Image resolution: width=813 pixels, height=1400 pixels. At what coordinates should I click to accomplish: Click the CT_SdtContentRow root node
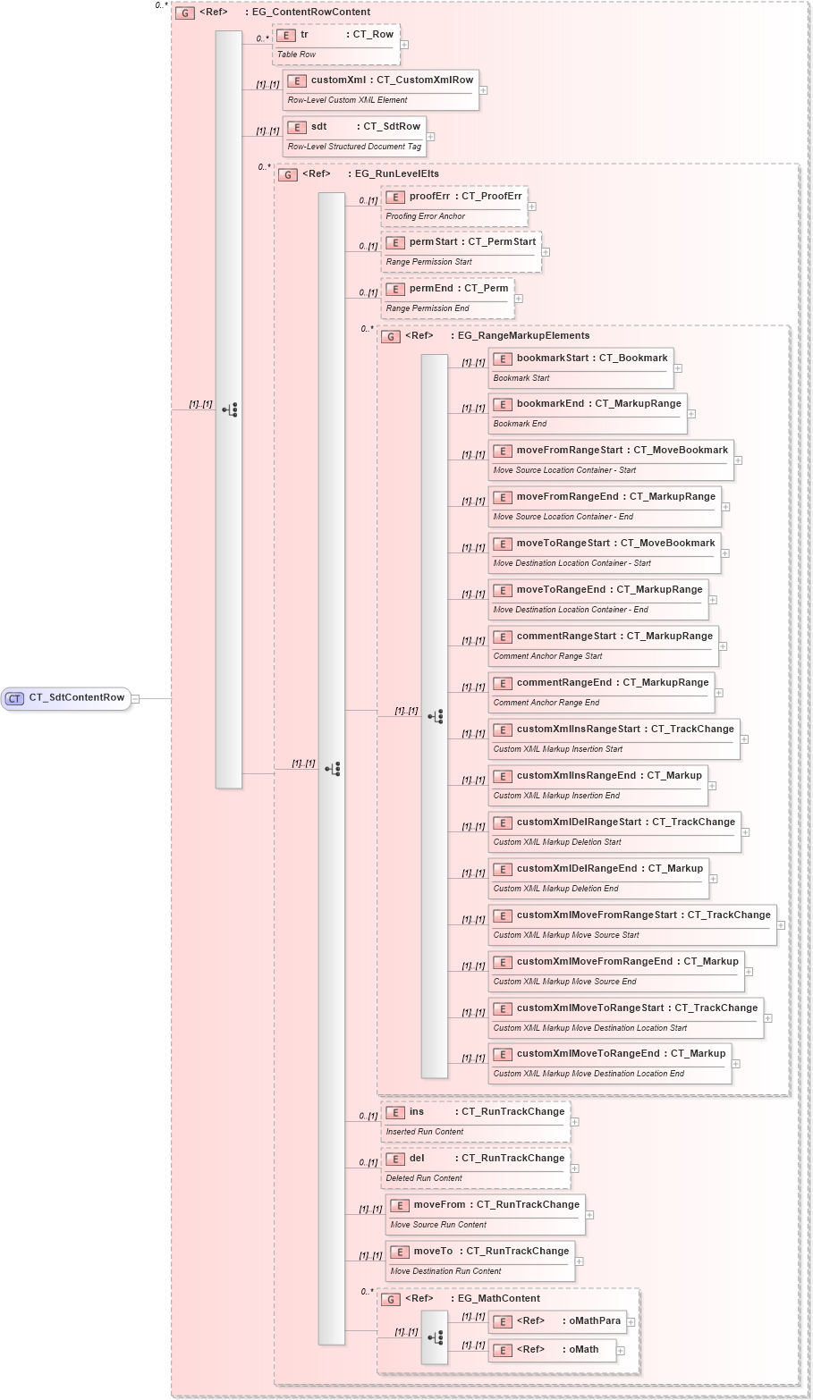(67, 698)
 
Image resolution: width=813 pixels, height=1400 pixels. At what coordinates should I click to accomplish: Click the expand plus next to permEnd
(519, 299)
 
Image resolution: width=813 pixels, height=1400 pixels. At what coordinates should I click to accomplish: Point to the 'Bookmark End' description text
(520, 424)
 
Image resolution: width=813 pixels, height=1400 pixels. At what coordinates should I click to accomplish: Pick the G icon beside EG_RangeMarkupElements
(391, 337)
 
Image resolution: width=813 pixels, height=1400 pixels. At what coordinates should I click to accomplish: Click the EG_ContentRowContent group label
(310, 13)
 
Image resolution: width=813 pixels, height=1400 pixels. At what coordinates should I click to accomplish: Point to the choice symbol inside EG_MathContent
(435, 1338)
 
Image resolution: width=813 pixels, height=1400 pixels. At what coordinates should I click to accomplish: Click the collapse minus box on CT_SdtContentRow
(136, 699)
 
